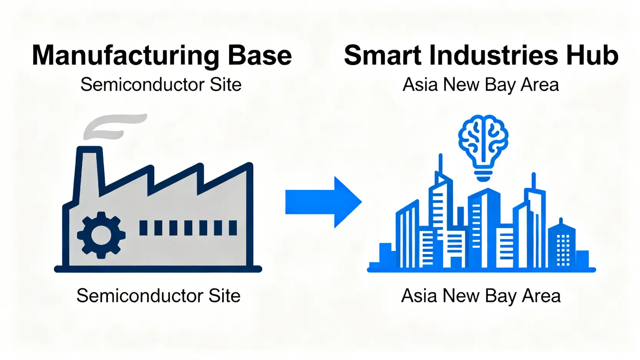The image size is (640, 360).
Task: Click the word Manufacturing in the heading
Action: (x=126, y=56)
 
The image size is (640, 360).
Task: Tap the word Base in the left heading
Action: (x=260, y=56)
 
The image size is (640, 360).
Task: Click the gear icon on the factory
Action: (x=101, y=235)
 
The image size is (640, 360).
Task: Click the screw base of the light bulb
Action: (x=483, y=176)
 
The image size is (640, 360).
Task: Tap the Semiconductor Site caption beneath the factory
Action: (x=158, y=296)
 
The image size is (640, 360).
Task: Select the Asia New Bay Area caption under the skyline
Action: (x=481, y=296)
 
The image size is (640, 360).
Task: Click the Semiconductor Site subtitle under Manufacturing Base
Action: (x=161, y=85)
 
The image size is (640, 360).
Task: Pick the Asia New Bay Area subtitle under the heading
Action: (x=481, y=85)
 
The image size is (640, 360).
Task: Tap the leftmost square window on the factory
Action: (x=143, y=228)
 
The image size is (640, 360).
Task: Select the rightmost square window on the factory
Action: (x=233, y=228)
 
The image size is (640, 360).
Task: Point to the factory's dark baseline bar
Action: (x=158, y=269)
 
